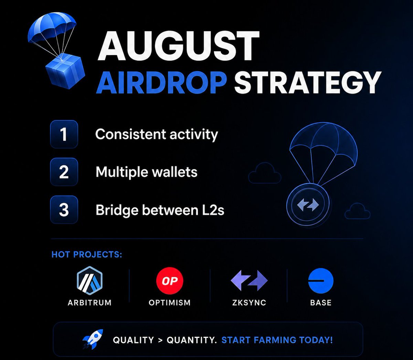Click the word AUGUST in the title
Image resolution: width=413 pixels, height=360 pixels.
pyautogui.click(x=178, y=46)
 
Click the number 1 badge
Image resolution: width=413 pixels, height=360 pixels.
pyautogui.click(x=64, y=134)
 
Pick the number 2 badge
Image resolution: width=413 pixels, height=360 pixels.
pyautogui.click(x=64, y=172)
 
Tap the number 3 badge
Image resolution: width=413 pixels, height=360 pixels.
pyautogui.click(x=64, y=210)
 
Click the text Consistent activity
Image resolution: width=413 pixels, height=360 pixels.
pyautogui.click(x=157, y=134)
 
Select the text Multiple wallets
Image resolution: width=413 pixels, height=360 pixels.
pyautogui.click(x=146, y=172)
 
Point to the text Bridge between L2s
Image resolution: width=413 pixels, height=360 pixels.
pyautogui.click(x=160, y=210)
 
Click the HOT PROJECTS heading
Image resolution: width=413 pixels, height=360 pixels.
pyautogui.click(x=87, y=254)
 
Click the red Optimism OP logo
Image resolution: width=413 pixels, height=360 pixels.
pyautogui.click(x=170, y=281)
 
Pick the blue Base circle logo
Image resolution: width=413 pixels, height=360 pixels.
pyautogui.click(x=321, y=281)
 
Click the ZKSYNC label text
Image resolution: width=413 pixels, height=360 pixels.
pyautogui.click(x=249, y=303)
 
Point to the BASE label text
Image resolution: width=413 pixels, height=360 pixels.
pyautogui.click(x=321, y=303)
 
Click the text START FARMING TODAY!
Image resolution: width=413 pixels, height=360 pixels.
pyautogui.click(x=277, y=340)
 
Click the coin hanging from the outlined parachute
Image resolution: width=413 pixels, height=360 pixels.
pyautogui.click(x=308, y=205)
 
